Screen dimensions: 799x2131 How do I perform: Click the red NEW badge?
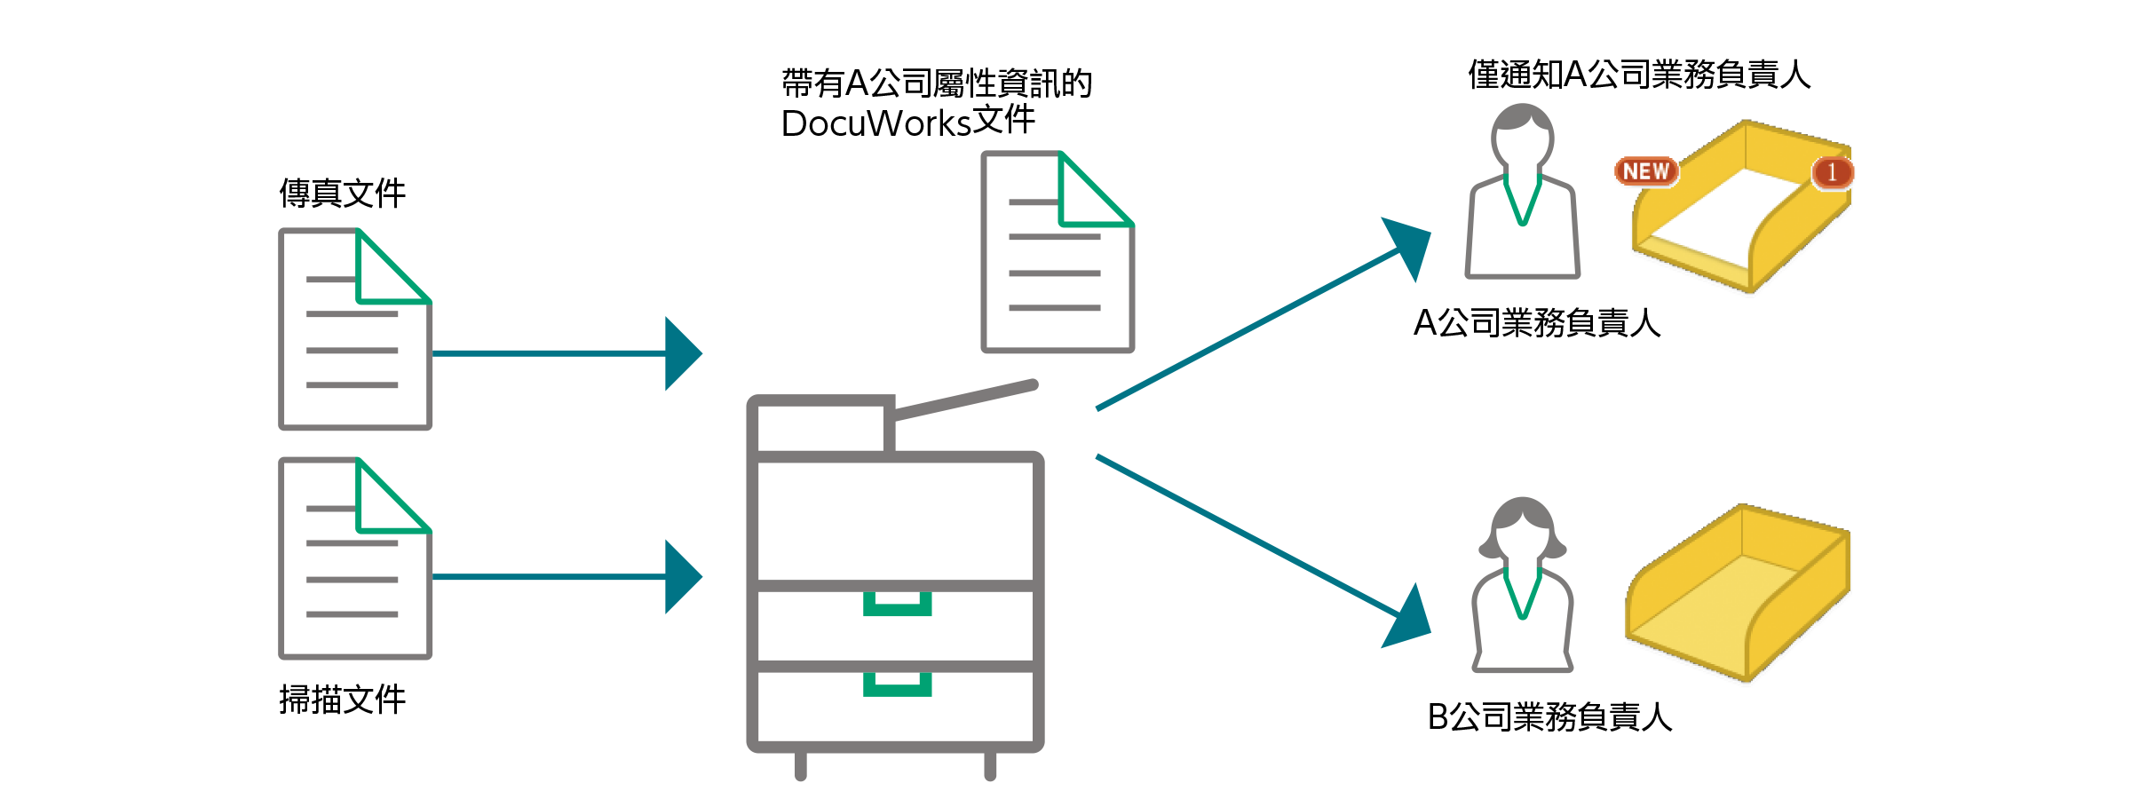click(x=1646, y=171)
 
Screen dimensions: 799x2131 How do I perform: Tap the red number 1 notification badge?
click(x=1832, y=172)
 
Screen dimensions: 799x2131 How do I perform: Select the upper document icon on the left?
click(x=355, y=329)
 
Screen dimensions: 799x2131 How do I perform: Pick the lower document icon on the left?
click(x=355, y=558)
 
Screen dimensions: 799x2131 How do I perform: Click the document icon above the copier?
click(x=1058, y=252)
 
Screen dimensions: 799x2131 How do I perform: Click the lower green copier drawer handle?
click(x=897, y=684)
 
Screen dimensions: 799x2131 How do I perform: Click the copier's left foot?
click(x=801, y=765)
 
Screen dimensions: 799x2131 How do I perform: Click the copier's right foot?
click(x=990, y=765)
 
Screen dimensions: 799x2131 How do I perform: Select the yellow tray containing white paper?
click(x=1740, y=209)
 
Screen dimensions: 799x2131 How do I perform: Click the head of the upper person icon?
click(x=1522, y=133)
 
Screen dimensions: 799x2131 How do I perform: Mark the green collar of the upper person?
click(x=1522, y=201)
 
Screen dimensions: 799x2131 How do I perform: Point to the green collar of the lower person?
click(x=1523, y=595)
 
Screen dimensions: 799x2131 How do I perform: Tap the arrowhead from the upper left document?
click(x=682, y=353)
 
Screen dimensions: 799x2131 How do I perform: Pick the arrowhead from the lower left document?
click(x=682, y=577)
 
